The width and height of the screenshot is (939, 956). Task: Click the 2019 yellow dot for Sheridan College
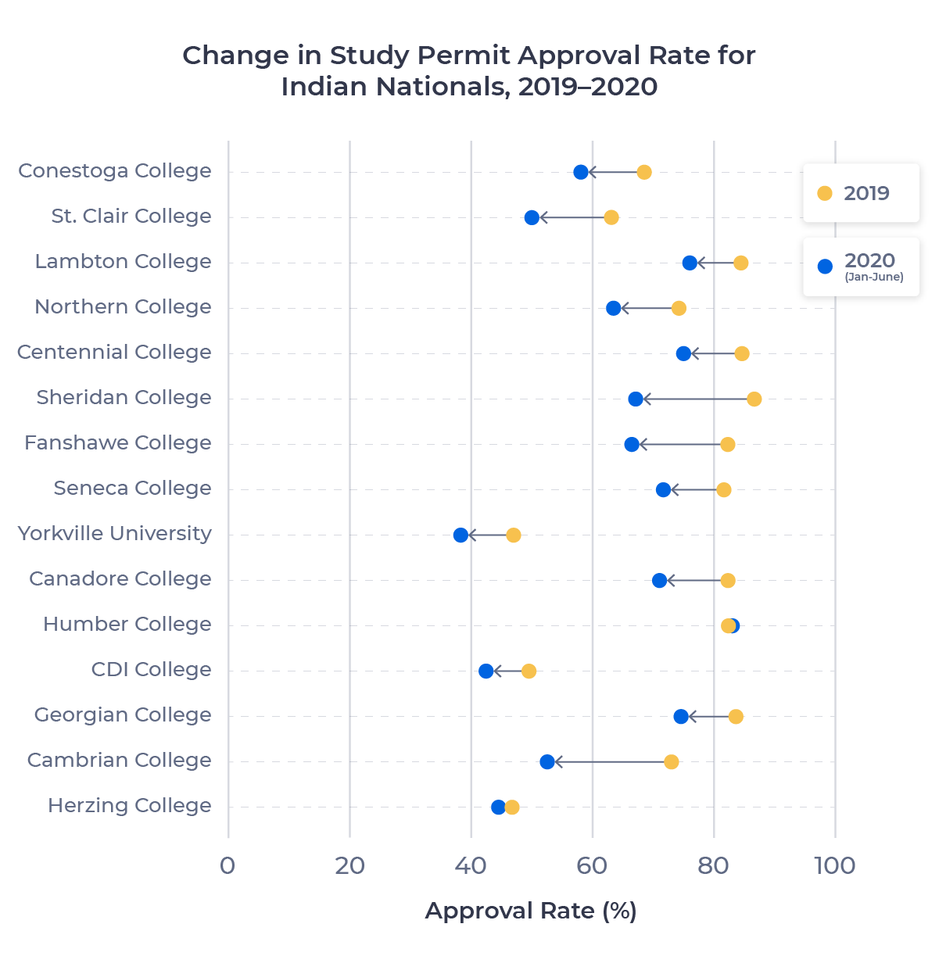coord(754,399)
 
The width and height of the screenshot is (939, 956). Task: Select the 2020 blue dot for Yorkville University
coord(461,535)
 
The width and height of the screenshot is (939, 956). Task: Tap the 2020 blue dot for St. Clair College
coord(532,217)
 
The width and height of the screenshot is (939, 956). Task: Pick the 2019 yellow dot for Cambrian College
coord(671,762)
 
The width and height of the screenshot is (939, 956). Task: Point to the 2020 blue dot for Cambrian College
coord(547,762)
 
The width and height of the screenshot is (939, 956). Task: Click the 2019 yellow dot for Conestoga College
coord(643,172)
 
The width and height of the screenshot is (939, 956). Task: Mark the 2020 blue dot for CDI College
coord(486,671)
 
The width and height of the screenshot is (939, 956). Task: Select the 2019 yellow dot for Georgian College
coord(735,717)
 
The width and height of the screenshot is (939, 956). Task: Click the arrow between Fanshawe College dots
coord(680,445)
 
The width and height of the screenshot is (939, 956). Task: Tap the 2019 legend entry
coord(860,193)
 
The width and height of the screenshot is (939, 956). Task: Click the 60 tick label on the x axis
coord(592,866)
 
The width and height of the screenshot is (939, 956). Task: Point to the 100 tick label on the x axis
coord(834,866)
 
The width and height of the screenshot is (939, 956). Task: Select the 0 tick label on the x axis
coord(228,866)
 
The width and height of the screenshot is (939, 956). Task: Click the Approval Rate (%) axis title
coord(531,911)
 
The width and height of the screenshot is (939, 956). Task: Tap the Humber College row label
coord(127,625)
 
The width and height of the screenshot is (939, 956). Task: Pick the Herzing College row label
coord(129,806)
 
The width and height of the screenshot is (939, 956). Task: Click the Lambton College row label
coord(123,262)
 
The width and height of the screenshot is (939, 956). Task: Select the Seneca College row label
coord(132,489)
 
